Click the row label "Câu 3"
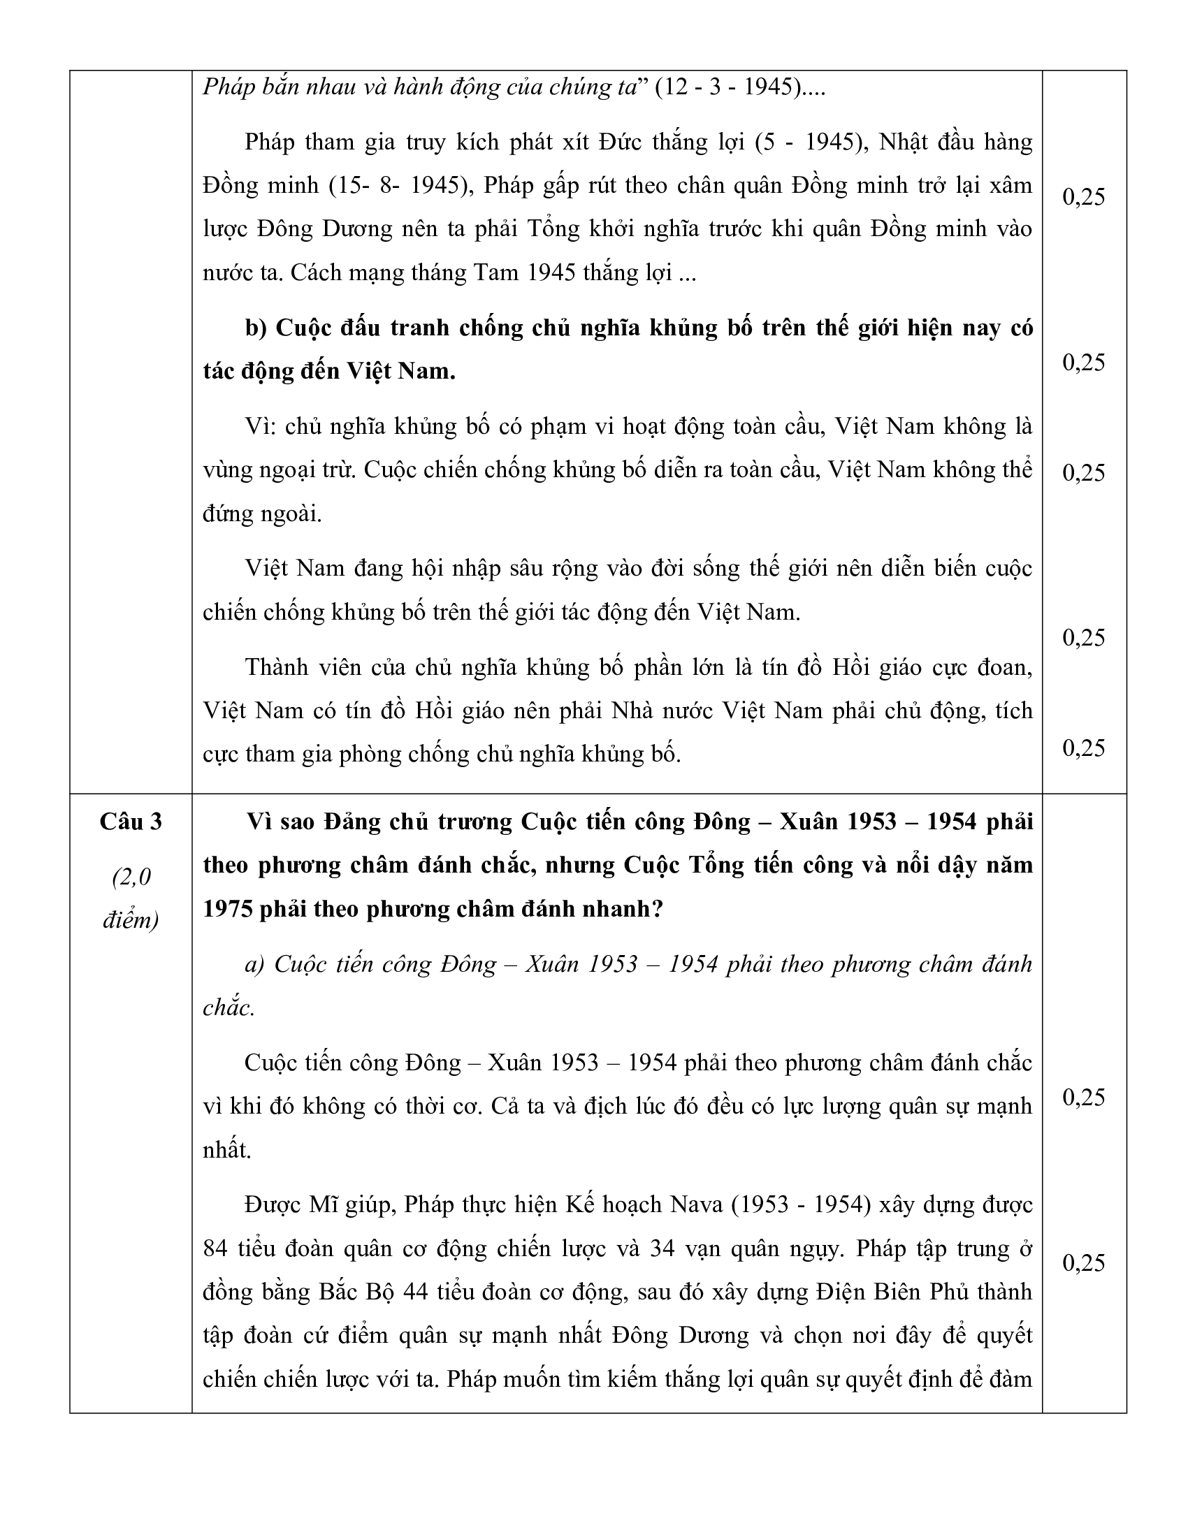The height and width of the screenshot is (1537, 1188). click(130, 822)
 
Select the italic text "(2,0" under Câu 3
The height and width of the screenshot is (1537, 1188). click(131, 877)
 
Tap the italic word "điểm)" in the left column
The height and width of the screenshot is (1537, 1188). click(131, 920)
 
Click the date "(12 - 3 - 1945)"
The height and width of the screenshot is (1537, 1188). click(727, 87)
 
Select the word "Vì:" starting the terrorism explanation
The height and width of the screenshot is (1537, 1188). click(260, 426)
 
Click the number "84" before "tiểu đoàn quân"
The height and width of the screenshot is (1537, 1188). click(215, 1249)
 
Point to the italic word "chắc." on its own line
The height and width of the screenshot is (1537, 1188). click(229, 1007)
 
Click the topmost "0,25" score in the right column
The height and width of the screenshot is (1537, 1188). click(1083, 197)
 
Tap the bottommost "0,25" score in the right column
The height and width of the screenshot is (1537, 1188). click(1083, 1263)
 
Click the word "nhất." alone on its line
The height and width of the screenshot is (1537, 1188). click(226, 1150)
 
